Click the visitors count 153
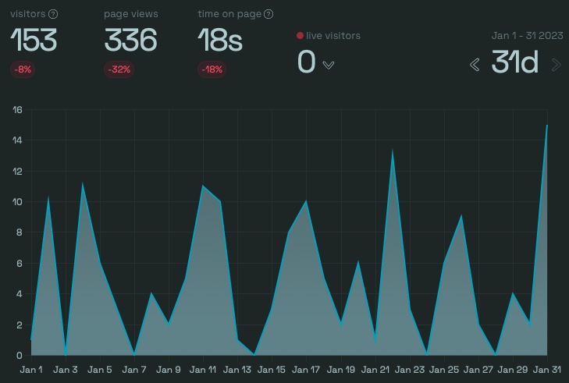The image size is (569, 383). point(34,40)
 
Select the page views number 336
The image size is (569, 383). point(130,40)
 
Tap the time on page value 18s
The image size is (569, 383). point(219,40)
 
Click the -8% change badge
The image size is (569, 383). point(22,69)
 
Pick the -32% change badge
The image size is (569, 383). point(119,69)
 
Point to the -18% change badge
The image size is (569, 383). point(212,69)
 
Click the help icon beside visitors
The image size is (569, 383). point(53,14)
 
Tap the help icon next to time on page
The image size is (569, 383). point(268,14)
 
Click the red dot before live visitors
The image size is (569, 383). point(300,36)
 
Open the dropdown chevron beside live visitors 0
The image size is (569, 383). point(329,65)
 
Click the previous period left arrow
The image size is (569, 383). point(475,65)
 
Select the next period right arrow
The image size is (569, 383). point(557,65)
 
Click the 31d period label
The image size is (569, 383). point(515,62)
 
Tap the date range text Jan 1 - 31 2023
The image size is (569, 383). point(527,36)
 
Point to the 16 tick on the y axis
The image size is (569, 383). point(17,110)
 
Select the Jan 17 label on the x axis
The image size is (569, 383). point(306,370)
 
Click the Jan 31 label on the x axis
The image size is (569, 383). point(546,370)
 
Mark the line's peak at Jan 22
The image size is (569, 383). point(392,150)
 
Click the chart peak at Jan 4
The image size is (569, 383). point(83,184)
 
